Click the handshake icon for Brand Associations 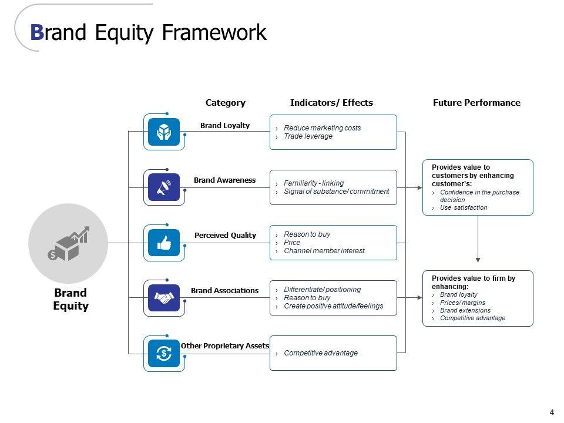tap(164, 298)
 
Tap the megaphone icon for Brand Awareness tap(164, 187)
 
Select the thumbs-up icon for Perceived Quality tap(164, 243)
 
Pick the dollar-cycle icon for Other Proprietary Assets tap(164, 353)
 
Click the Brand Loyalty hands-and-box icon tap(164, 132)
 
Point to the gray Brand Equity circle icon tap(68, 243)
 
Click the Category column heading tap(225, 102)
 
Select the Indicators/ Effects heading tap(331, 102)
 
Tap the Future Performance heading tap(476, 102)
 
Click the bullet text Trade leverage tap(308, 136)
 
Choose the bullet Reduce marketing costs tap(322, 128)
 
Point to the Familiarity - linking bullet tap(314, 183)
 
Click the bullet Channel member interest tap(324, 251)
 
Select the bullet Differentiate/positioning tap(322, 290)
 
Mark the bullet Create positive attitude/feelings tap(333, 306)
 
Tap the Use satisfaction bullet tap(463, 207)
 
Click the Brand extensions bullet tap(465, 310)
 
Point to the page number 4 tap(552, 411)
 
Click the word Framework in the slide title tap(214, 32)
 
